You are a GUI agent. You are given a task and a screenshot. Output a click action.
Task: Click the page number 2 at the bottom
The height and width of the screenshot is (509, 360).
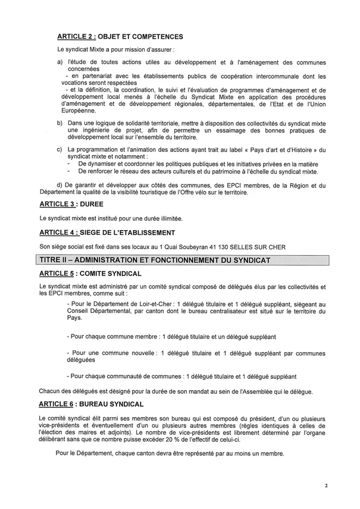tap(326, 486)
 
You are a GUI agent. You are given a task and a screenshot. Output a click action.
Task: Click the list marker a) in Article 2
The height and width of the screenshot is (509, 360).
tap(60, 62)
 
